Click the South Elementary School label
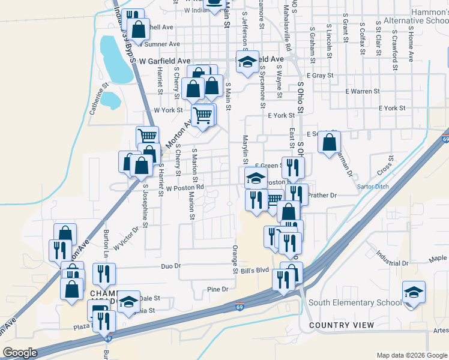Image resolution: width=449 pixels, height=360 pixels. [355, 302]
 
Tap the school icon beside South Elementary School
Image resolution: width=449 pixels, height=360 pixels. [414, 292]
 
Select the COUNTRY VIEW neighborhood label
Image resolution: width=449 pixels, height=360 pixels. [341, 325]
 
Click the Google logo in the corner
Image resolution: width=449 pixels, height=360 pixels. [20, 352]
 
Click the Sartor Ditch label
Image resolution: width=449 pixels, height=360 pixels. [373, 187]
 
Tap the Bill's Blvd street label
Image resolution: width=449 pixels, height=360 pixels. [255, 270]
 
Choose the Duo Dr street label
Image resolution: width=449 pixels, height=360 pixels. [170, 266]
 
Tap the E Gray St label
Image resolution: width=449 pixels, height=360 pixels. [319, 76]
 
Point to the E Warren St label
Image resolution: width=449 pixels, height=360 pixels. [363, 91]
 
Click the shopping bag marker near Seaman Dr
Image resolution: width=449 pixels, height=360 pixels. [329, 143]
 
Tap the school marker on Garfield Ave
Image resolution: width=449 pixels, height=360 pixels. [247, 62]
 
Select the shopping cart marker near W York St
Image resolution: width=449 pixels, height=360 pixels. [203, 114]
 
